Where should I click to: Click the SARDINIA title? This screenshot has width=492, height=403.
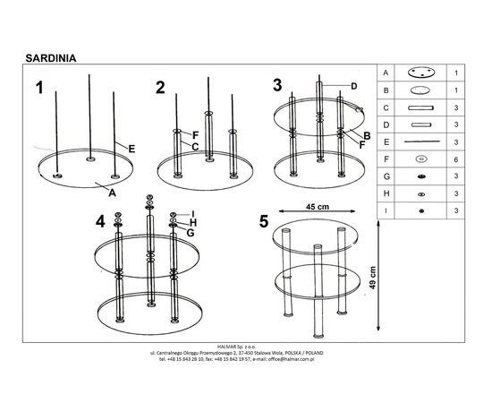(x=51, y=58)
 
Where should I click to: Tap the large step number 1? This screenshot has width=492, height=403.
(x=39, y=88)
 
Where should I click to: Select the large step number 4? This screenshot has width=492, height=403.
(x=100, y=222)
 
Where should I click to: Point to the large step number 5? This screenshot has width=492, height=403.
(x=264, y=221)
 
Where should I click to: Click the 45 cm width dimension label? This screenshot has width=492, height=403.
(x=318, y=207)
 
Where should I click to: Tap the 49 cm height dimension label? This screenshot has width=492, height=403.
(x=372, y=278)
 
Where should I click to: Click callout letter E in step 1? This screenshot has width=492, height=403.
(x=131, y=149)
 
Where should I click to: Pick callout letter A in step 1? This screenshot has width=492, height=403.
(x=112, y=193)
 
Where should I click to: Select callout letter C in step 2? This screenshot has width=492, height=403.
(x=195, y=147)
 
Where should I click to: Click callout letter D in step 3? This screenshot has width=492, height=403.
(x=354, y=86)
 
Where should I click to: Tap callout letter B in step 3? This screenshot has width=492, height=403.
(x=367, y=136)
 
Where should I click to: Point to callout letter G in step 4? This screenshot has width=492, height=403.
(x=191, y=233)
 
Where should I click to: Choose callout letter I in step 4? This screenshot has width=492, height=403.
(x=193, y=214)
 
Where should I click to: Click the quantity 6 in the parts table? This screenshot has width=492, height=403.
(x=456, y=159)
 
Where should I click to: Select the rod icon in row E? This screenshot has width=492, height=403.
(x=421, y=141)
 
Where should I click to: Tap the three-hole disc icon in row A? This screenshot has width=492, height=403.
(x=421, y=73)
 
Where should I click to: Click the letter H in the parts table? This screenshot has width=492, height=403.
(x=386, y=193)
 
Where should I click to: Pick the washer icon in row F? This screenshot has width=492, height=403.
(x=420, y=159)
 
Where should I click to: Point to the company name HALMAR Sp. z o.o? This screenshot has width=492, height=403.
(x=237, y=347)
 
